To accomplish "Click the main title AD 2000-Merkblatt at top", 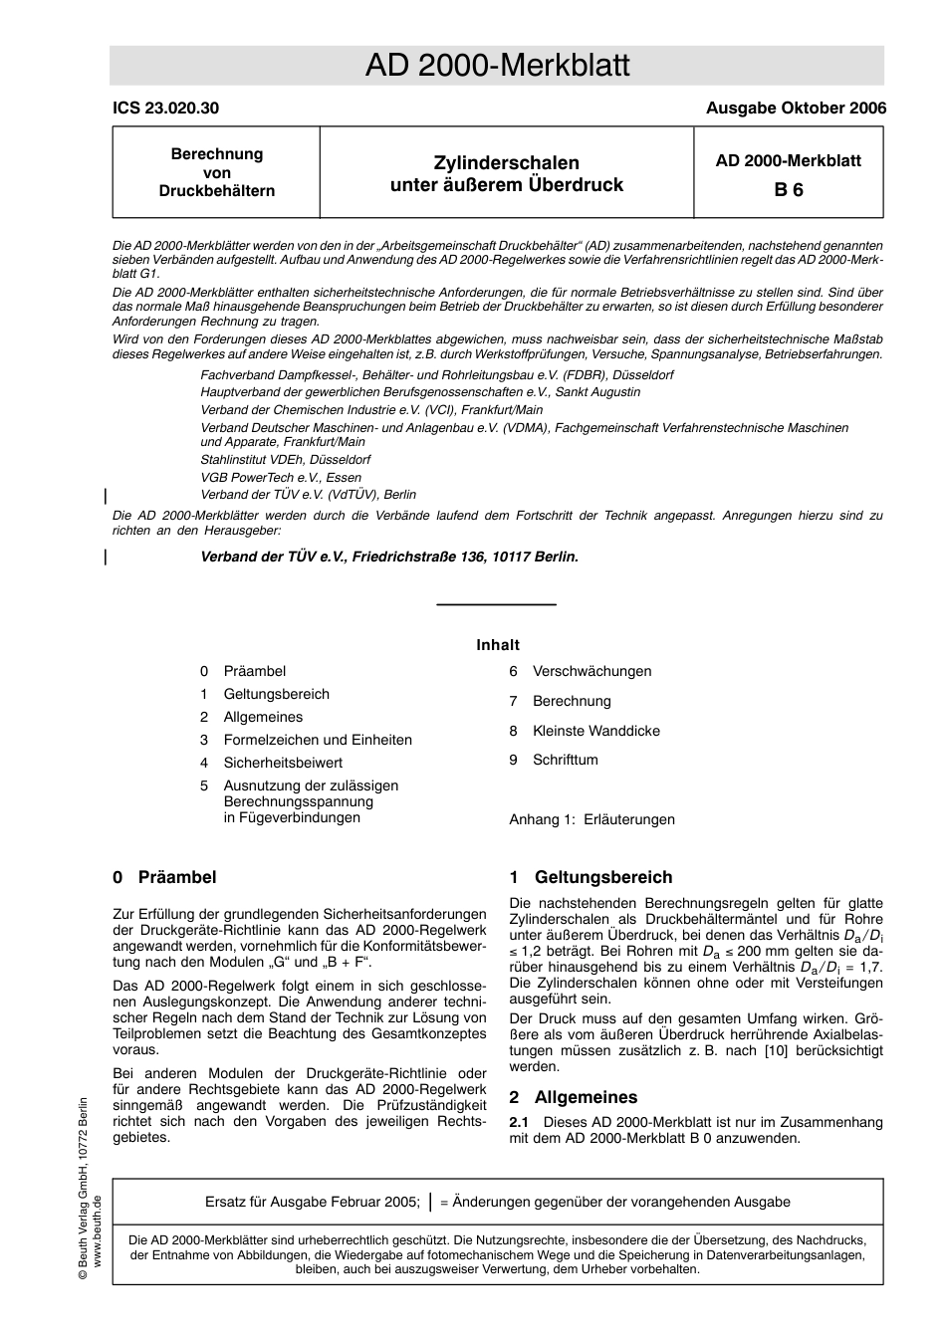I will [497, 66].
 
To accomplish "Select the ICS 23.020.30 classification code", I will [165, 109].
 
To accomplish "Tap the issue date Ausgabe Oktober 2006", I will [795, 109].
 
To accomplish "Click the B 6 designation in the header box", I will [788, 189].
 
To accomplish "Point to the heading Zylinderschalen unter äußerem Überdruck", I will [506, 173].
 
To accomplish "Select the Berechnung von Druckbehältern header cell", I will [216, 172].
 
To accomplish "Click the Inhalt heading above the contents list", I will [497, 645].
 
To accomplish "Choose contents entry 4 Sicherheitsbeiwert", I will [282, 763].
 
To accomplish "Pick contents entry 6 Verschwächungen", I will [591, 671].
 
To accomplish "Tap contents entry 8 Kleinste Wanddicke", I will [594, 731].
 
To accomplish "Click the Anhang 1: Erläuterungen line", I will [591, 819].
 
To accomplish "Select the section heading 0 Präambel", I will [164, 877].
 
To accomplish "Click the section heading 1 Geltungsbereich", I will [591, 877].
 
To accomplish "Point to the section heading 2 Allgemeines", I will [573, 1097].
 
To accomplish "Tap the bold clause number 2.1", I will [519, 1122].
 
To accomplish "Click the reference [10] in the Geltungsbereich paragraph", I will [776, 1050].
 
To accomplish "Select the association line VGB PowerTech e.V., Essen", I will [281, 477].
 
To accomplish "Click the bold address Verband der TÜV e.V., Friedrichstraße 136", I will [388, 557].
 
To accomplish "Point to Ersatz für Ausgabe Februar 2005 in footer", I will [312, 1202].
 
